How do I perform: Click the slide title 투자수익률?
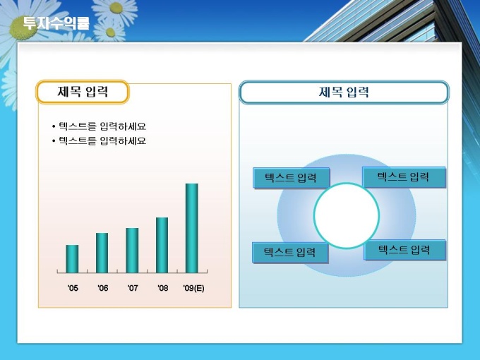pos(56,23)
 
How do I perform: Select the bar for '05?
pos(72,258)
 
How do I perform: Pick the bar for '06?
pos(102,253)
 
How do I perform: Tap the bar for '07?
pos(132,251)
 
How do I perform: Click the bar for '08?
pos(162,245)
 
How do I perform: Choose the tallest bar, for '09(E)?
pos(192,228)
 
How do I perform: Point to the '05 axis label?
pos(73,288)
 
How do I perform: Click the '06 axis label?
pos(103,288)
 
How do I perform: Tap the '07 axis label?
pos(133,288)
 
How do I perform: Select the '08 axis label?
pos(163,288)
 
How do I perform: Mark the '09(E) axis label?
pos(193,288)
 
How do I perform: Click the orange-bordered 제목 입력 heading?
pos(83,92)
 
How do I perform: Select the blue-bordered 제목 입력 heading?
pos(344,92)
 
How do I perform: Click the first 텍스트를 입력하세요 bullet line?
pos(99,126)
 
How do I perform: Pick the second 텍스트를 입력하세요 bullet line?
pos(99,140)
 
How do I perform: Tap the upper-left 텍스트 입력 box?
pos(291,178)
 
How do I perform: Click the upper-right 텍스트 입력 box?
pos(404,177)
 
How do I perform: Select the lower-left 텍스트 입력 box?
pos(290,252)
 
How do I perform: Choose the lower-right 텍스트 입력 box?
pos(404,250)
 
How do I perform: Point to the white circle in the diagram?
pos(347,215)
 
